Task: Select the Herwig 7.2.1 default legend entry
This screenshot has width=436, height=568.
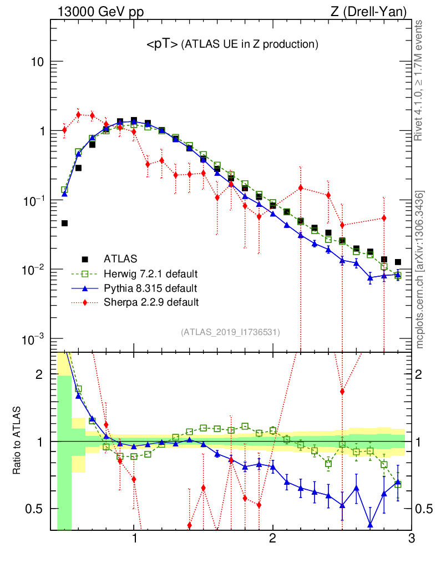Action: (x=151, y=273)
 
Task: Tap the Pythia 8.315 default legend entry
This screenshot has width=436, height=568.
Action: (x=150, y=288)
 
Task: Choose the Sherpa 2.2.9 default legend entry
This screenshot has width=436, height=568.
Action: (x=151, y=302)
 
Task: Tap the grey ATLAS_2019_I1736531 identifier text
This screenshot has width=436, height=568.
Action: (x=230, y=332)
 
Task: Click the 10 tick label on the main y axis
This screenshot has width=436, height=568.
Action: (x=37, y=62)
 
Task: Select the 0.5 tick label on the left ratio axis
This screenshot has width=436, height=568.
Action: (x=36, y=509)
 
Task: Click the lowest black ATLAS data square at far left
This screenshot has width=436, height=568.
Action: (x=64, y=224)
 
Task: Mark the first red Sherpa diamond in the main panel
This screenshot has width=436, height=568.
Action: (x=64, y=130)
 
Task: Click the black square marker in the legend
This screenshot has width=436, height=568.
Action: (x=85, y=258)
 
